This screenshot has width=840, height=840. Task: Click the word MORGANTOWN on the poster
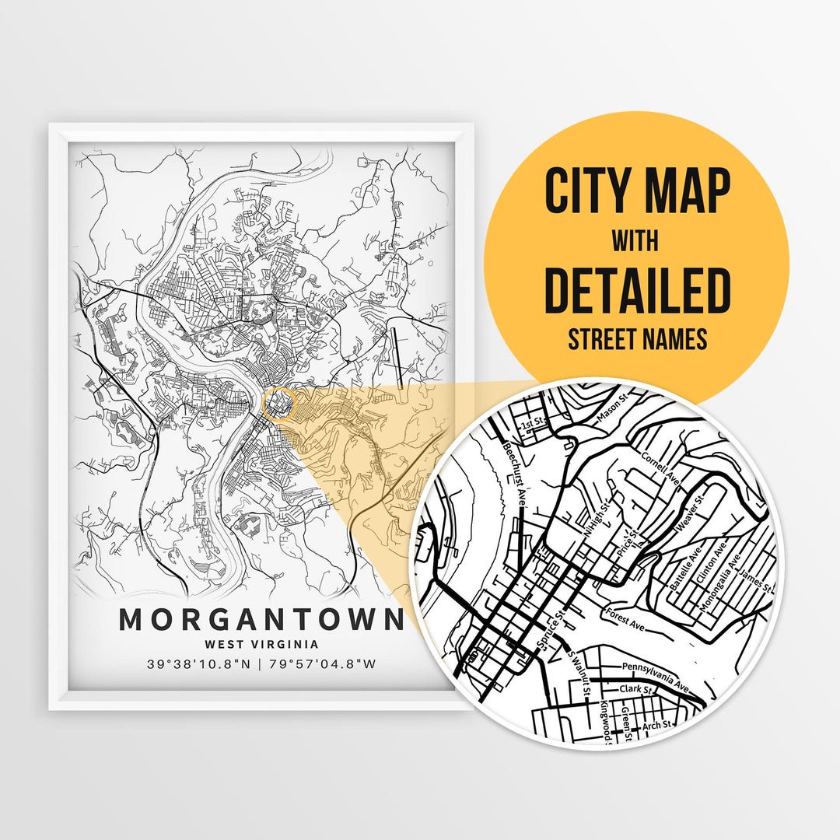click(261, 620)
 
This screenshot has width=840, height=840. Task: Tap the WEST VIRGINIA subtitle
click(261, 644)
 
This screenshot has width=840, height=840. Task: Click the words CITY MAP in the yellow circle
click(637, 191)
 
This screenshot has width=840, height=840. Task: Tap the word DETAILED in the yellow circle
click(637, 289)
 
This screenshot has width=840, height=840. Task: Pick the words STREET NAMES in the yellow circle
click(637, 339)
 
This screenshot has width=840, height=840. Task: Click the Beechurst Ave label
click(514, 474)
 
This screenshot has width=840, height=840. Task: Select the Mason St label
click(611, 413)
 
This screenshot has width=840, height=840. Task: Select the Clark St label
click(628, 689)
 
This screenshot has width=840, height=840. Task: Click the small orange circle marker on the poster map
click(280, 404)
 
